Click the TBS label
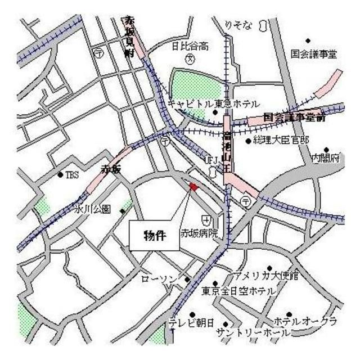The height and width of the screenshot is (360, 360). click(x=73, y=175)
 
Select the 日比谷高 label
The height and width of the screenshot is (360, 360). click(x=190, y=46)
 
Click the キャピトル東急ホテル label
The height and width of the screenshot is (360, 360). click(x=214, y=104)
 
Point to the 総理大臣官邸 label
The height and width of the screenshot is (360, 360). click(x=282, y=140)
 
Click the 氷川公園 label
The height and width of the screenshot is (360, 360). click(x=94, y=209)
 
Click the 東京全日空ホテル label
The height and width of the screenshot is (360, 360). click(x=239, y=291)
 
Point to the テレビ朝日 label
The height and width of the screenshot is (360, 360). click(x=192, y=323)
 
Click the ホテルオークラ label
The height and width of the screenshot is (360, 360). click(x=305, y=321)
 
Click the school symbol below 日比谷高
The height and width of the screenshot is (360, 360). click(x=190, y=58)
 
